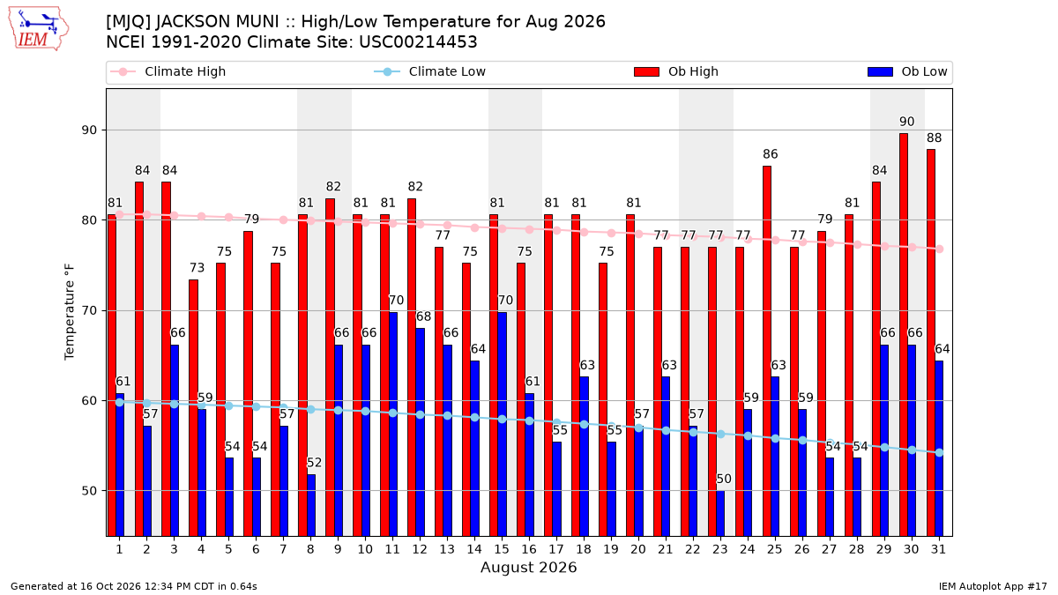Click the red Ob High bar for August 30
point(903,334)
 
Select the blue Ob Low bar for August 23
point(720,513)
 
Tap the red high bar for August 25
point(766,351)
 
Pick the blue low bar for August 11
point(392,424)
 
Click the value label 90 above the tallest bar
point(906,122)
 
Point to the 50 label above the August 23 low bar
point(724,479)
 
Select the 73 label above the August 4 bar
point(197,268)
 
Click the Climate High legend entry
point(168,71)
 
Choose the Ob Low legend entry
point(907,71)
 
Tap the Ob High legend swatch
point(646,71)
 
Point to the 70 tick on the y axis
point(89,310)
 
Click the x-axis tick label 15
point(502,549)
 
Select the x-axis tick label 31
point(938,549)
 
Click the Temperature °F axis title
point(70,312)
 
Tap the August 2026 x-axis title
point(528,567)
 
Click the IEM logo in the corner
point(38,29)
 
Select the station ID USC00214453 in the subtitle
point(418,42)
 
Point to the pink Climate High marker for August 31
point(939,249)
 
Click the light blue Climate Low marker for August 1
point(120,402)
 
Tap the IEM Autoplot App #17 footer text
point(993,586)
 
